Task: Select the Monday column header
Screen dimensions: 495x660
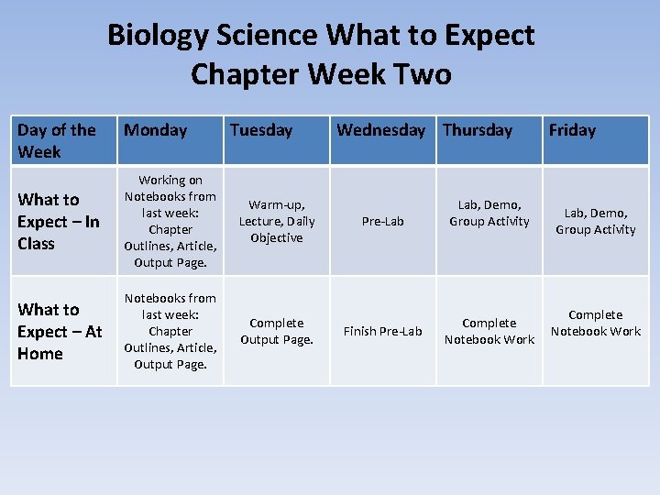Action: pyautogui.click(x=155, y=130)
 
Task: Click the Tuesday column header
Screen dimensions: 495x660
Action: pyautogui.click(x=261, y=130)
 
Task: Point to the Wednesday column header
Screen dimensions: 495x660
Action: pyautogui.click(x=380, y=130)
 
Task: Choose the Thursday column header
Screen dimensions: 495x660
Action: pyautogui.click(x=478, y=130)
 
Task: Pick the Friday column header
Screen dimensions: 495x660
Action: pyautogui.click(x=572, y=130)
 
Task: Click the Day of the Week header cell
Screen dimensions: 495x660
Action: pyautogui.click(x=57, y=140)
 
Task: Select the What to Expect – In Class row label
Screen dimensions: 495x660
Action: pyautogui.click(x=59, y=221)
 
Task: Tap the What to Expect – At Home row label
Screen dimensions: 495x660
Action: pyautogui.click(x=60, y=331)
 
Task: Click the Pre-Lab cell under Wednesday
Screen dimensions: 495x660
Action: pyautogui.click(x=382, y=221)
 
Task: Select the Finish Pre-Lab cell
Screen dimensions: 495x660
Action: pyautogui.click(x=382, y=331)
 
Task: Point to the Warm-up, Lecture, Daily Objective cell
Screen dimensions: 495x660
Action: pyautogui.click(x=277, y=221)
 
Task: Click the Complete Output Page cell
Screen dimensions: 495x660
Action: pyautogui.click(x=277, y=331)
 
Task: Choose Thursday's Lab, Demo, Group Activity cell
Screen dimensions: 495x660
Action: pyautogui.click(x=489, y=213)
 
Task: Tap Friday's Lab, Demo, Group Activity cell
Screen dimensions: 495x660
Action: pyautogui.click(x=595, y=221)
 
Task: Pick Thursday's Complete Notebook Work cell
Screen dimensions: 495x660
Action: pyautogui.click(x=489, y=331)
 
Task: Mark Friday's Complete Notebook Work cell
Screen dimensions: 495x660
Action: pyautogui.click(x=595, y=323)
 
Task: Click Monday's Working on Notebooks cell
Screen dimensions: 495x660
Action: pyautogui.click(x=170, y=221)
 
